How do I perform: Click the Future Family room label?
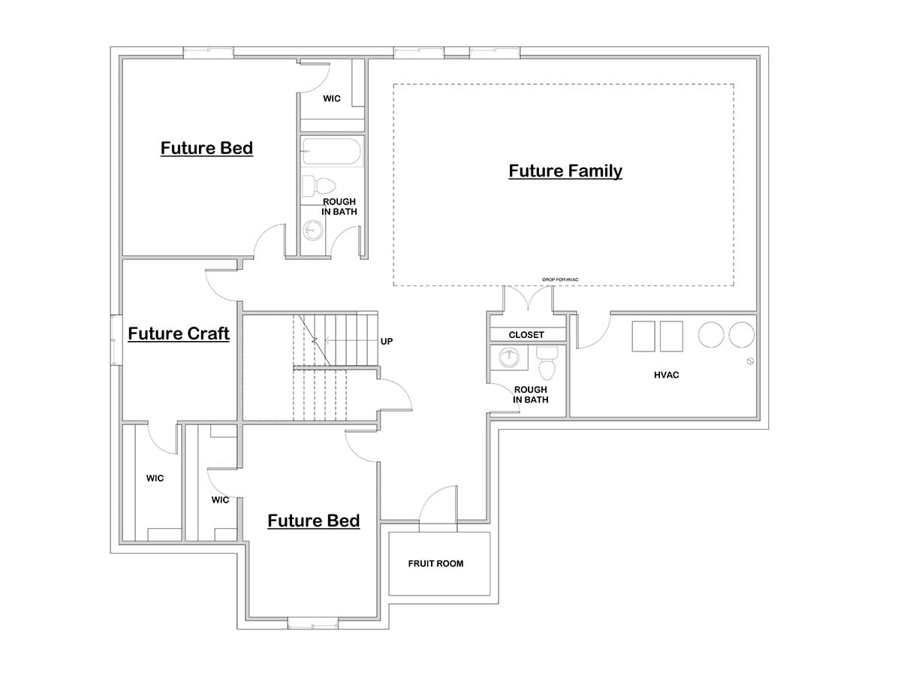tap(565, 171)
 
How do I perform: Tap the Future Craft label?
tap(179, 333)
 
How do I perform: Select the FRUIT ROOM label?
tap(435, 563)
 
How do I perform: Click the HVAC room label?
tap(666, 375)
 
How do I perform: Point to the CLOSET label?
tap(526, 335)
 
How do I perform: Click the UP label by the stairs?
tap(387, 342)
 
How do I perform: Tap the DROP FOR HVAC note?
tap(560, 280)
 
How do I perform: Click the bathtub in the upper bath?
tap(333, 152)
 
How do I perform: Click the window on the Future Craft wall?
tap(116, 339)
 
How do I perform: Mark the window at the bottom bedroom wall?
tap(313, 623)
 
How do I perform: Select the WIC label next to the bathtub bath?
tap(332, 98)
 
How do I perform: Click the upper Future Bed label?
tap(206, 148)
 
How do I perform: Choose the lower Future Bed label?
tap(313, 521)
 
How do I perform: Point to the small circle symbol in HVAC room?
tap(750, 362)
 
